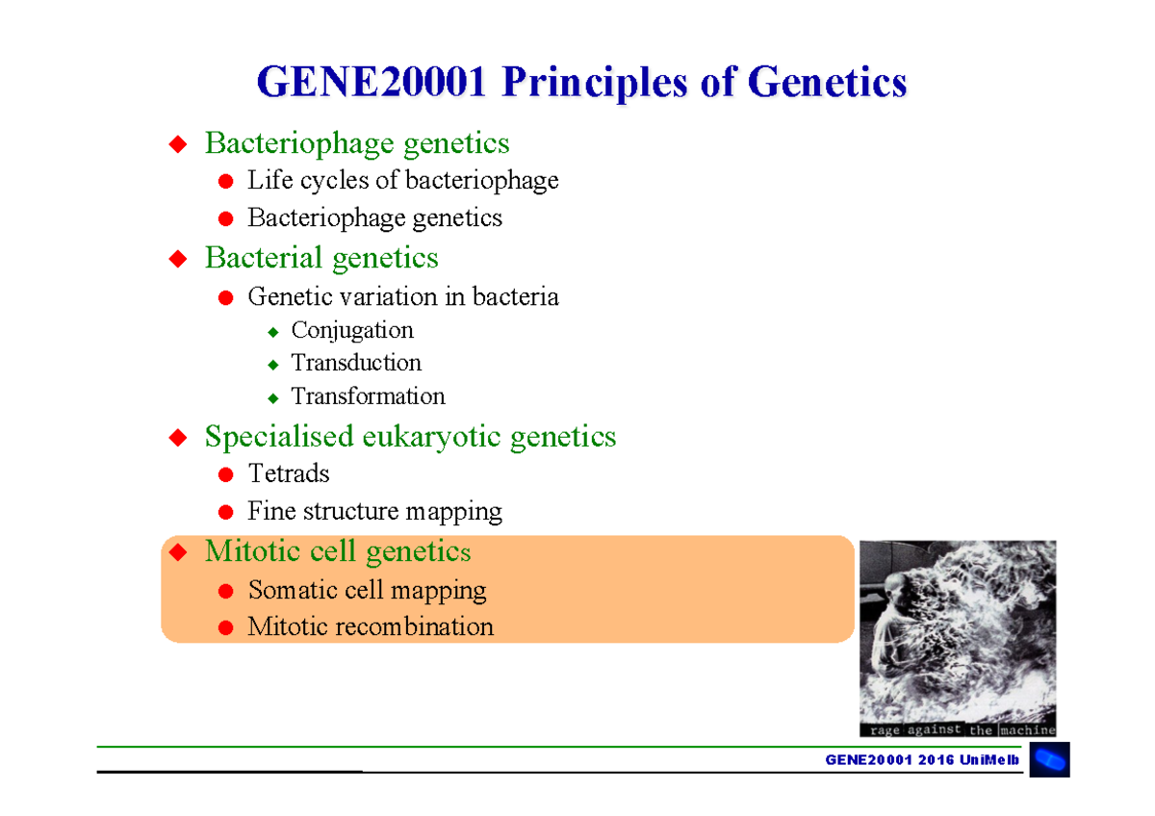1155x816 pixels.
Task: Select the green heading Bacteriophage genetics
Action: click(356, 144)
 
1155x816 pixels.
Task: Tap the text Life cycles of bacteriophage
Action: click(402, 181)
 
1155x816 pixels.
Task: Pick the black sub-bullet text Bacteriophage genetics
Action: click(374, 218)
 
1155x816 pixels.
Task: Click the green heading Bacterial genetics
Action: click(321, 258)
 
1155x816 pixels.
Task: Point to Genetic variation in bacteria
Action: click(402, 296)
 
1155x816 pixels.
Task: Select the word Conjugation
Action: click(352, 330)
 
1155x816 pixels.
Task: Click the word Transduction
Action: click(356, 363)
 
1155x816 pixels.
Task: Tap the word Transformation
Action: click(368, 396)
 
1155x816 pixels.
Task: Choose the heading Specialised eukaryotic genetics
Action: click(410, 437)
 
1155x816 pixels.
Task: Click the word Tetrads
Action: click(288, 474)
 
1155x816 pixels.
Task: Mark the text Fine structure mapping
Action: click(374, 512)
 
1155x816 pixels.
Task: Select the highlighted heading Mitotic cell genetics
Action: click(338, 552)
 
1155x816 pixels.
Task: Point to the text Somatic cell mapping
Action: click(367, 590)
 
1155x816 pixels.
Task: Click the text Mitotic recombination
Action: click(371, 627)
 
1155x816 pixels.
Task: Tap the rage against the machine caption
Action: click(957, 730)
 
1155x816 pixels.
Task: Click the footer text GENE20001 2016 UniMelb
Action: click(922, 760)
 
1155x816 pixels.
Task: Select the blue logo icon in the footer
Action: click(1049, 760)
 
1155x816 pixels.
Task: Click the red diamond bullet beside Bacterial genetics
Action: click(177, 259)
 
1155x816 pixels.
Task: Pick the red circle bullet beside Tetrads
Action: click(225, 475)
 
